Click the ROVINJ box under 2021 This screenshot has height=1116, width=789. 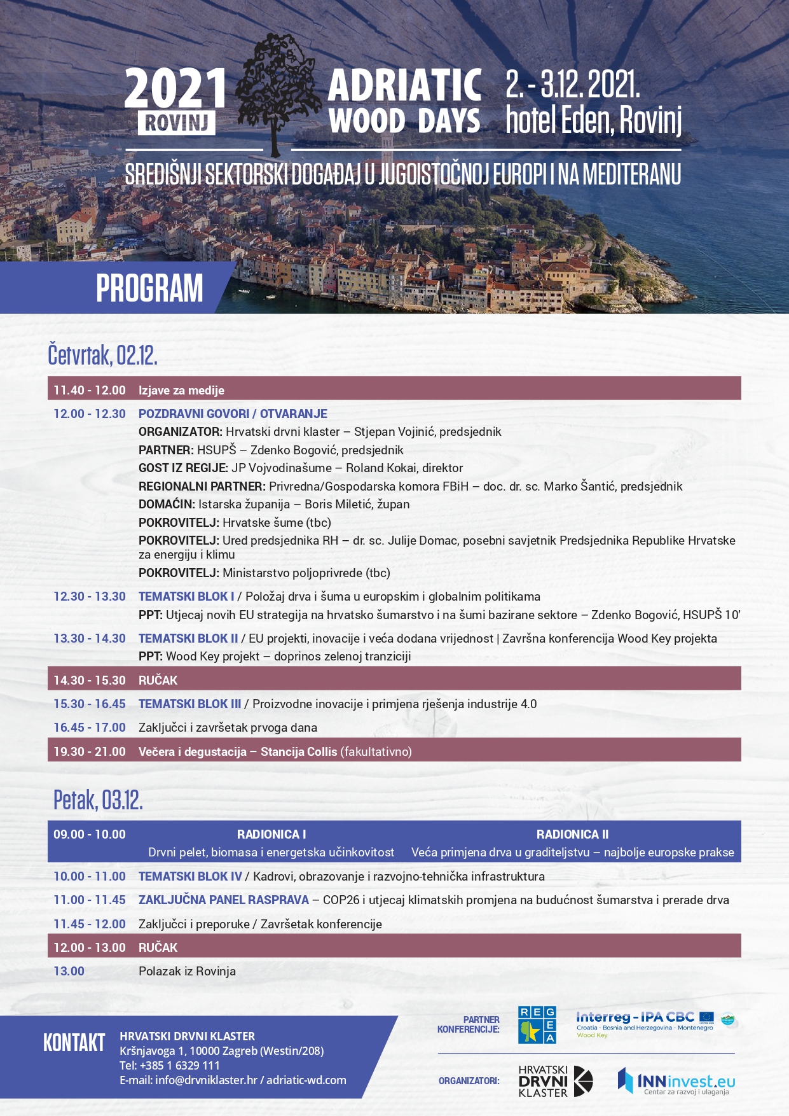pyautogui.click(x=176, y=122)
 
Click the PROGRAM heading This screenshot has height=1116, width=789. pyautogui.click(x=149, y=288)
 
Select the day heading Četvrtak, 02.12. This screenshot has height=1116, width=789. pyautogui.click(x=102, y=355)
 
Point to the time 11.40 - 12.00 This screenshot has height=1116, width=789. pyautogui.click(x=90, y=390)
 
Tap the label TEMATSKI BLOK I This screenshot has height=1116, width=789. pyautogui.click(x=186, y=597)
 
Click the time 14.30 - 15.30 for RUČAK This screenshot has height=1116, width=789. pyautogui.click(x=90, y=680)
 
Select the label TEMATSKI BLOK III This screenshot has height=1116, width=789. pyautogui.click(x=189, y=704)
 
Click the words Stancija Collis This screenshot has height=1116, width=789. pyautogui.click(x=299, y=751)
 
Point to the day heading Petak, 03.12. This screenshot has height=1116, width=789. pyautogui.click(x=98, y=800)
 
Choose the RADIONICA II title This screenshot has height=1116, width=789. pyautogui.click(x=572, y=834)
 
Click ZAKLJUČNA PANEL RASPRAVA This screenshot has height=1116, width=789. pyautogui.click(x=223, y=900)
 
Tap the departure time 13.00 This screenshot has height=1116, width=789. pyautogui.click(x=69, y=972)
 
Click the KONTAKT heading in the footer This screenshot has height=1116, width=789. pyautogui.click(x=74, y=1043)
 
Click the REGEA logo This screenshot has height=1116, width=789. pyautogui.click(x=537, y=1025)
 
